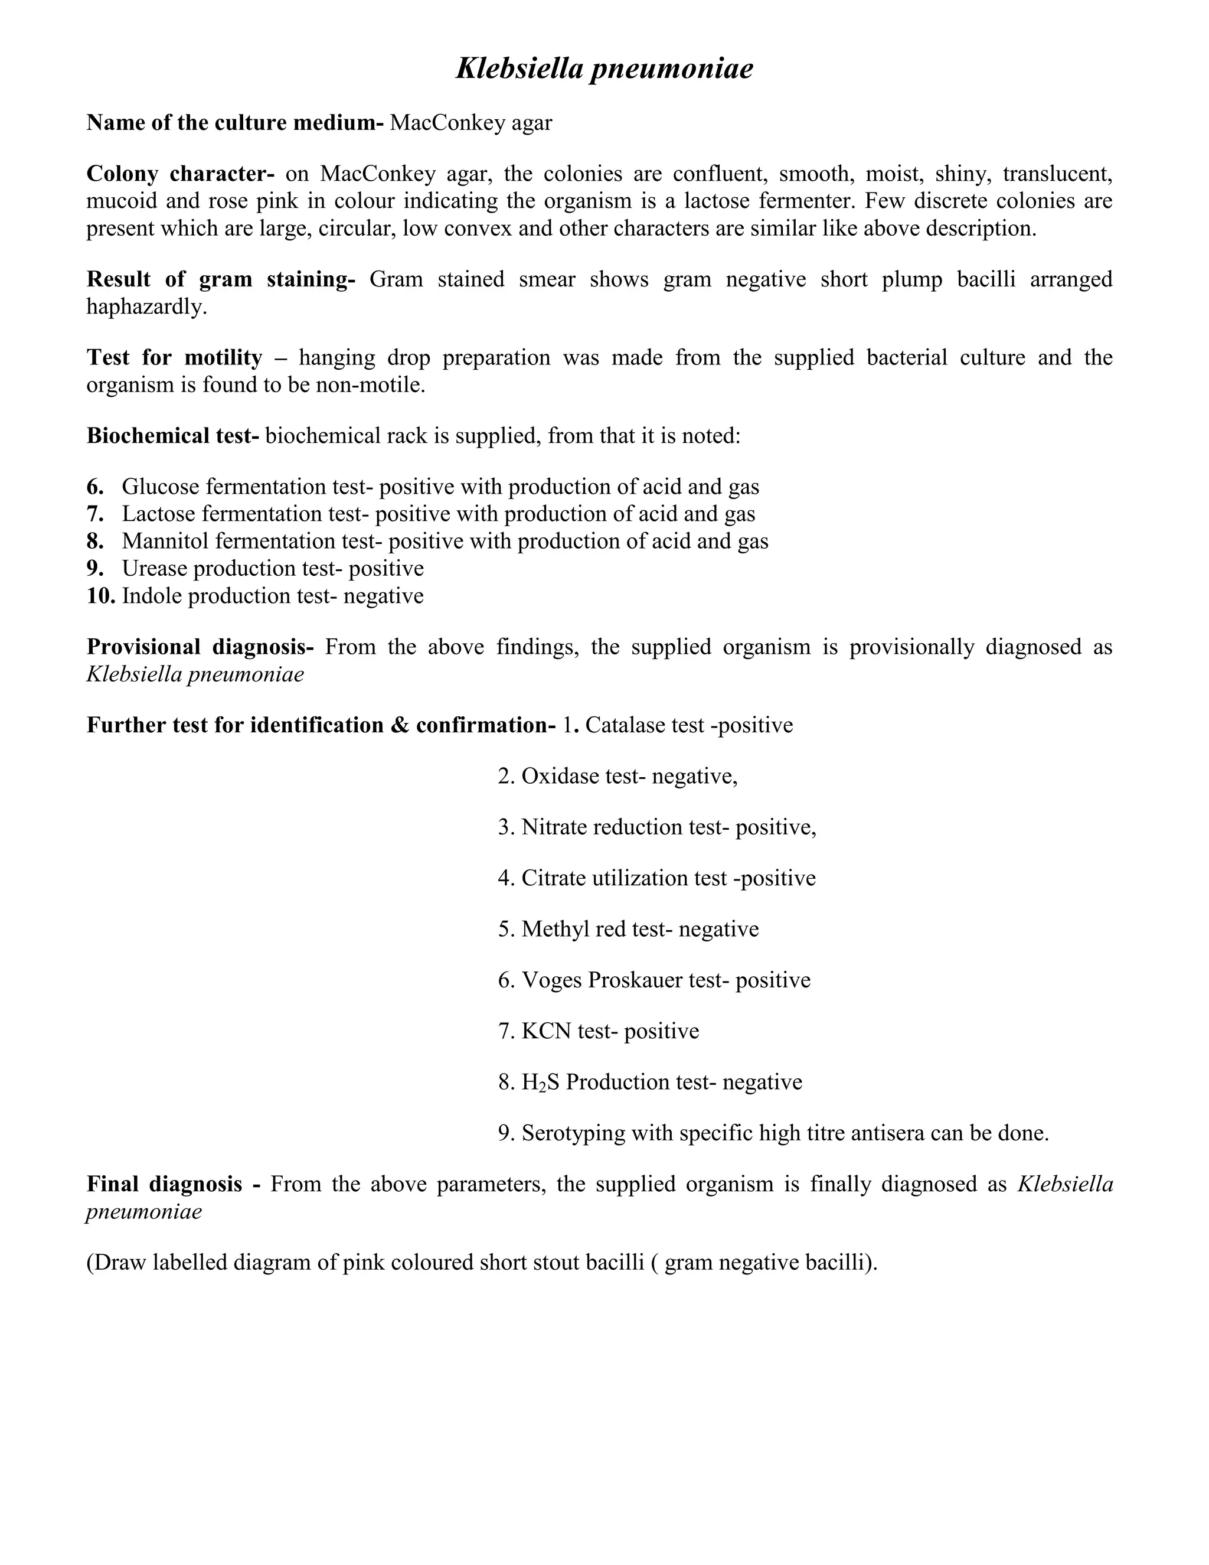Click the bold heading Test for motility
[x=174, y=357]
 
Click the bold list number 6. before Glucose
[x=95, y=487]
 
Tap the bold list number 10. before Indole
[x=100, y=595]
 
